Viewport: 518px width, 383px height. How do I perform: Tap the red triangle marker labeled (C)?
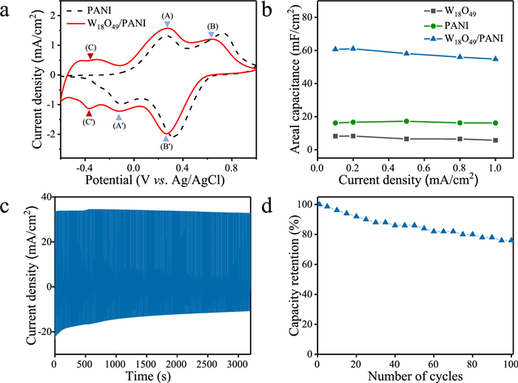coord(90,56)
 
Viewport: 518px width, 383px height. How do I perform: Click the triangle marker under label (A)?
coord(167,24)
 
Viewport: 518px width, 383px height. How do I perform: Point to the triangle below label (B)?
coord(212,35)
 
